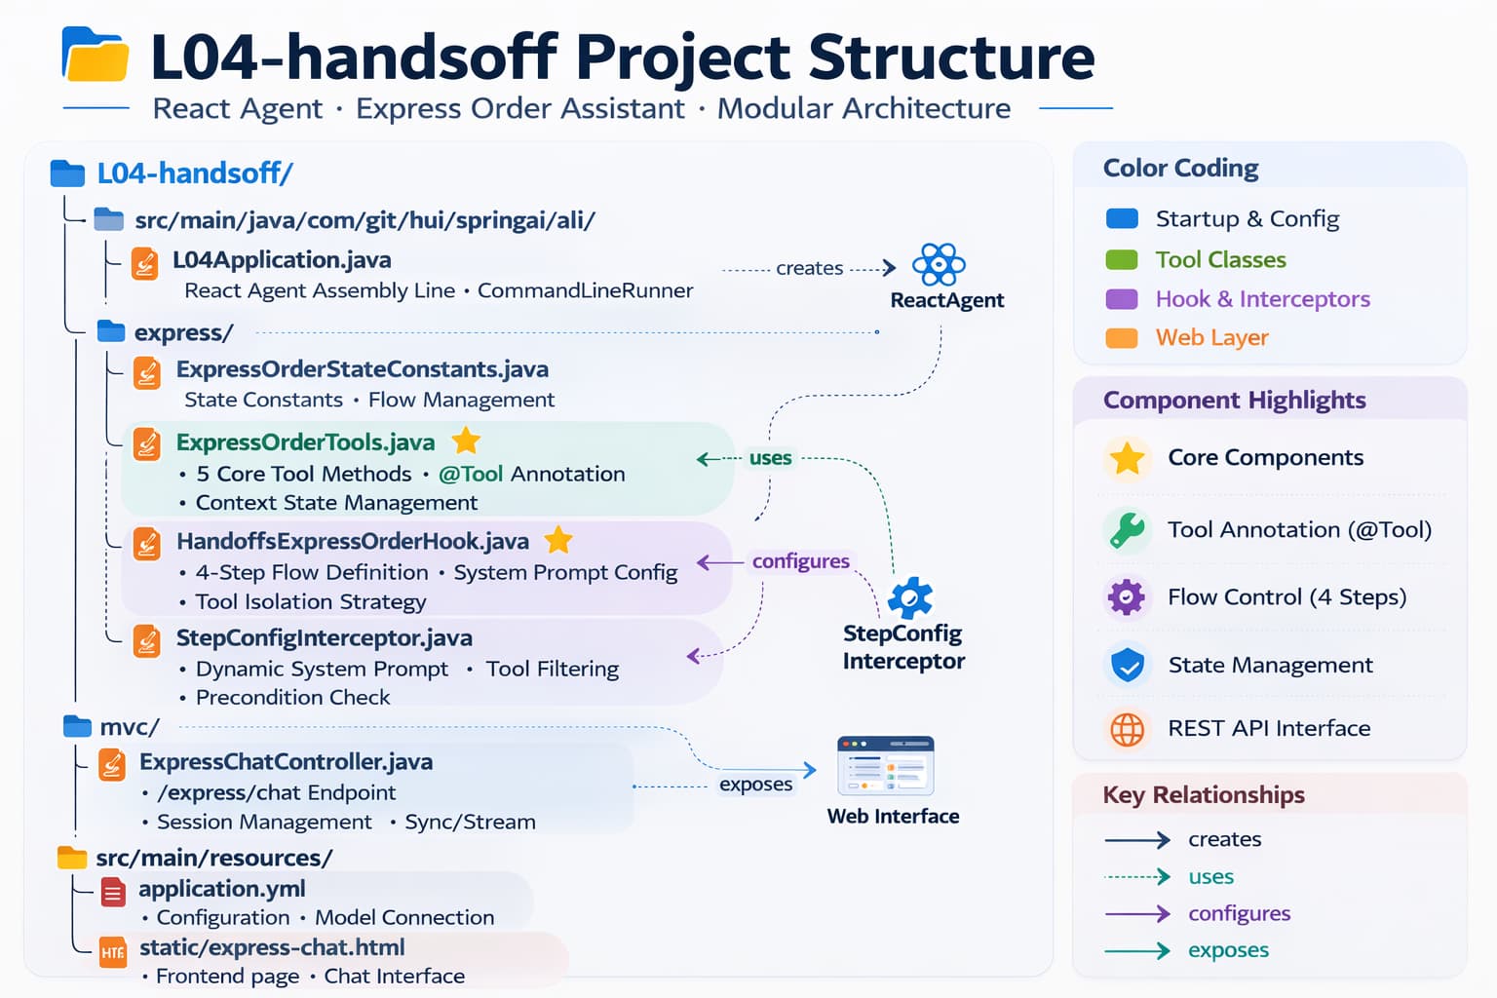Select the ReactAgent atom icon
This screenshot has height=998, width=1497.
[x=938, y=264]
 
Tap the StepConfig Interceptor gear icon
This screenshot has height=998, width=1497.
[x=910, y=597]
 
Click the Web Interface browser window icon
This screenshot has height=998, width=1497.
[x=885, y=766]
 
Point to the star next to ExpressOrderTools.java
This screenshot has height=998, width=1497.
[x=467, y=441]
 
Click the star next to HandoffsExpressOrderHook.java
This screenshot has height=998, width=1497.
[x=558, y=539]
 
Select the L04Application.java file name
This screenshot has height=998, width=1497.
[x=282, y=260]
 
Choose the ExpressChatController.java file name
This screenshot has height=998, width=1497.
[x=286, y=762]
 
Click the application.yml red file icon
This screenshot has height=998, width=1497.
[x=114, y=891]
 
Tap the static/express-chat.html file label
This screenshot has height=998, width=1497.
[x=271, y=947]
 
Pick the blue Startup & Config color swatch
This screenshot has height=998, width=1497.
[x=1122, y=218]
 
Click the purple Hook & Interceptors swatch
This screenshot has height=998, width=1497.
[x=1122, y=299]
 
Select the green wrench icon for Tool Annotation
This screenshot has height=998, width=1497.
[x=1127, y=530]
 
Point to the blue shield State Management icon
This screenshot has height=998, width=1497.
[x=1127, y=666]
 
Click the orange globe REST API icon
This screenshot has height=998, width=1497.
[x=1127, y=729]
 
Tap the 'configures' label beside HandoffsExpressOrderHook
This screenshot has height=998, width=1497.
[x=800, y=561]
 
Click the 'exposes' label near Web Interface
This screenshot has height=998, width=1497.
[x=755, y=785]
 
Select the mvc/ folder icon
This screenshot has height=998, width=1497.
[x=77, y=726]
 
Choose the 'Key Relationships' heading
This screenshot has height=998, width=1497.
[x=1203, y=795]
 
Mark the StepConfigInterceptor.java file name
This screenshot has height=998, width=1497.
[x=324, y=638]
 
